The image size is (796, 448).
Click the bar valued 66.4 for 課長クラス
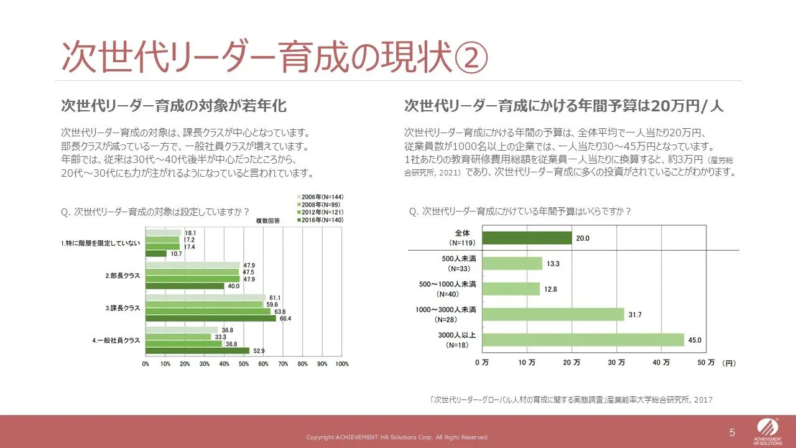[210, 319]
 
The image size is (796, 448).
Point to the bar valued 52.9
[197, 350]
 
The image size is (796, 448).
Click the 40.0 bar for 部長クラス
[185, 286]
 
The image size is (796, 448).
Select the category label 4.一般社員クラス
[116, 340]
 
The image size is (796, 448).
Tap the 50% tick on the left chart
[244, 363]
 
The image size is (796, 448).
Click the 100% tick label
[341, 363]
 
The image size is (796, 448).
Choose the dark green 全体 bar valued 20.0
[527, 238]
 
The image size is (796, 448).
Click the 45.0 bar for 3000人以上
[583, 340]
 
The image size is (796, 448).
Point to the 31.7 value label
[635, 315]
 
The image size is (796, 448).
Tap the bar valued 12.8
[511, 289]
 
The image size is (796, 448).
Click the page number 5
[732, 432]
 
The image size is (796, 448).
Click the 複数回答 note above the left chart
[268, 221]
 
